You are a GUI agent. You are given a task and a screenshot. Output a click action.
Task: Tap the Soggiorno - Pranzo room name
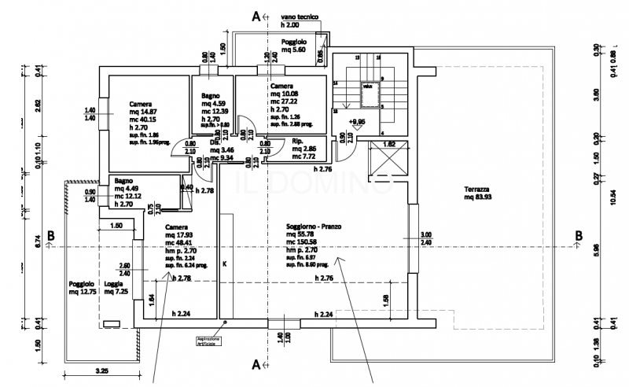[x=315, y=226]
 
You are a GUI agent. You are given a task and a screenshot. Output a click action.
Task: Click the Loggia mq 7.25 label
[x=116, y=287]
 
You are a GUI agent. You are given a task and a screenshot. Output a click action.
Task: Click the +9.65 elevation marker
[x=359, y=122]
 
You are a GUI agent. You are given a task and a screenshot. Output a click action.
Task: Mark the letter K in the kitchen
[x=224, y=264]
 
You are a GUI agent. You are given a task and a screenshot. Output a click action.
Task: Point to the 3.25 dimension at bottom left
[x=101, y=368]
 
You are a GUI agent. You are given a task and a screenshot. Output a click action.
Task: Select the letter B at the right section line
[x=579, y=236]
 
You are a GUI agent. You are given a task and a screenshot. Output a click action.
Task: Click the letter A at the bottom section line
[x=256, y=363]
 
